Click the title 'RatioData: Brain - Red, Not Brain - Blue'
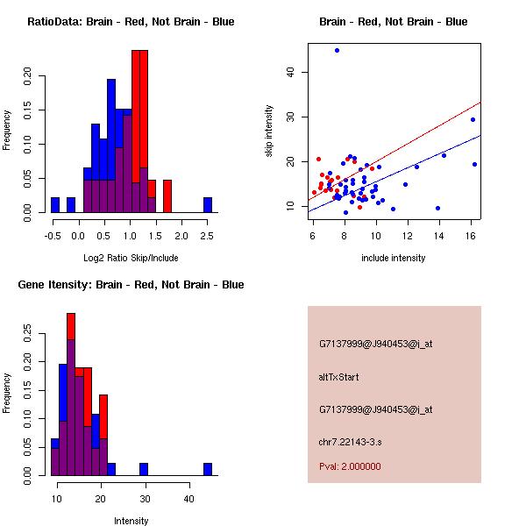(x=131, y=22)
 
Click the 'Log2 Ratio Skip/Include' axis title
(x=131, y=257)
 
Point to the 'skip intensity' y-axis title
(x=270, y=131)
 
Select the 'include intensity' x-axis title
(x=394, y=258)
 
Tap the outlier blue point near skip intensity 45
(x=337, y=51)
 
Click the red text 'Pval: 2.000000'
(x=350, y=466)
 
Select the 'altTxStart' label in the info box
(x=339, y=377)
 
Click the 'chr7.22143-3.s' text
(x=350, y=441)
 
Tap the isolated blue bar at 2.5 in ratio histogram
(x=208, y=205)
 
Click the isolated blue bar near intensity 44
(x=208, y=469)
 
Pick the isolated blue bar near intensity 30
(x=144, y=469)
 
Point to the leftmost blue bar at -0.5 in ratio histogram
(x=55, y=205)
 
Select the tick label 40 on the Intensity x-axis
(x=188, y=498)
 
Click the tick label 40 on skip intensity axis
(x=292, y=72)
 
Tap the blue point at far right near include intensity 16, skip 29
(x=473, y=119)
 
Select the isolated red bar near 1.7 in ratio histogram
(x=167, y=196)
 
